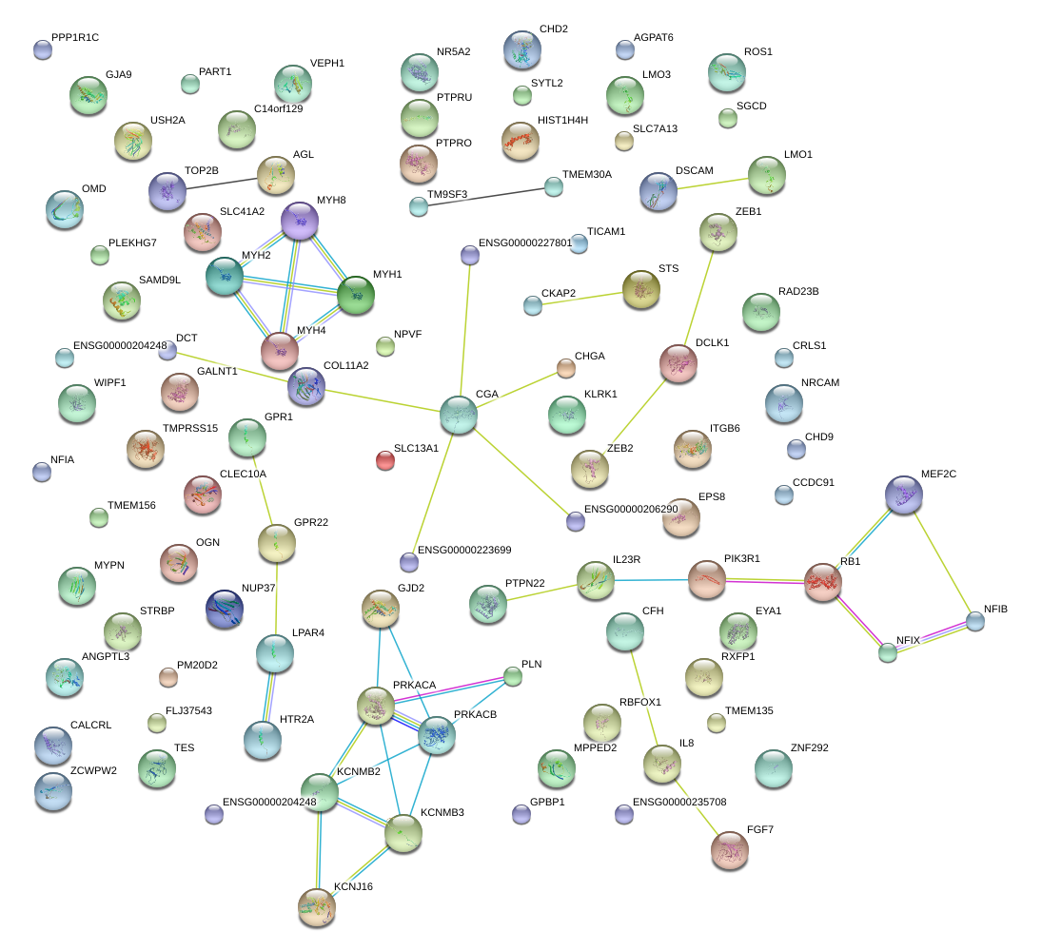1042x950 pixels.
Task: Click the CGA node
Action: [x=459, y=416]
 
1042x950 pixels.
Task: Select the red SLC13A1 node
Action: [x=384, y=460]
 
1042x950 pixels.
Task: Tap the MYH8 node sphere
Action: [x=300, y=221]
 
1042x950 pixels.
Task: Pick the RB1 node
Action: [x=822, y=582]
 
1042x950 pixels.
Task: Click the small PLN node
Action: [x=513, y=676]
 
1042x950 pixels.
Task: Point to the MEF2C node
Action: [x=903, y=494]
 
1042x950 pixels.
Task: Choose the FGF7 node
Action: [x=730, y=850]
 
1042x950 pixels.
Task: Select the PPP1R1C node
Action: [x=42, y=49]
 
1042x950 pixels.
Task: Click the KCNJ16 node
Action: [x=317, y=907]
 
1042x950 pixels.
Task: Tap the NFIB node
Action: [x=975, y=621]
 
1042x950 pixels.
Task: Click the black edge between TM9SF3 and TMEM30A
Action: [x=485, y=195]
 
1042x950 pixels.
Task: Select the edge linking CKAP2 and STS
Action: [x=585, y=298]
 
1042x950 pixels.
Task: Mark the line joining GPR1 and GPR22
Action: [x=262, y=491]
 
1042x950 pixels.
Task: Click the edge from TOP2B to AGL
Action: [x=221, y=184]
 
